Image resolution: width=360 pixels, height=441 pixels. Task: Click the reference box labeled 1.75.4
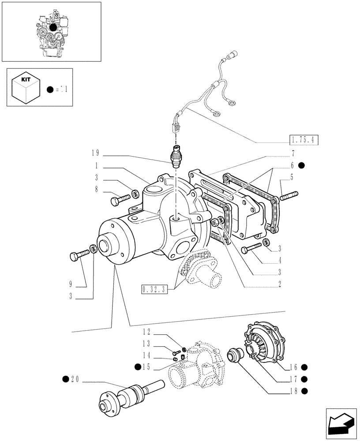pyautogui.click(x=304, y=141)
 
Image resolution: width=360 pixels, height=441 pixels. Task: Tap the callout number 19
pyautogui.click(x=95, y=153)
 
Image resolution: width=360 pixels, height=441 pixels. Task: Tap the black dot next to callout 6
pyautogui.click(x=301, y=166)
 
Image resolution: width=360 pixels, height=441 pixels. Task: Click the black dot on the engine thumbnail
pyautogui.click(x=53, y=27)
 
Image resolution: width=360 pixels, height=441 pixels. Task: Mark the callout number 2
pyautogui.click(x=280, y=284)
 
